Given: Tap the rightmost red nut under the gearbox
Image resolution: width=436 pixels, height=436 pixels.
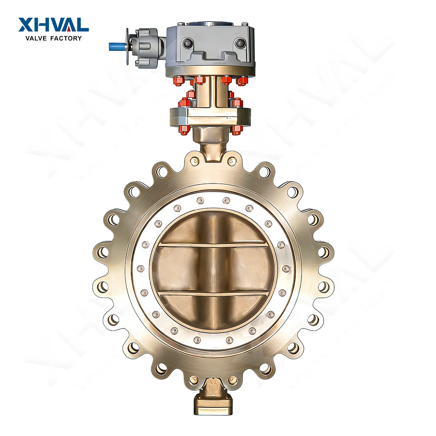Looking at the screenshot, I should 242,81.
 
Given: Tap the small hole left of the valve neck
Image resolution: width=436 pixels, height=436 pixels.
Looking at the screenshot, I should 196,160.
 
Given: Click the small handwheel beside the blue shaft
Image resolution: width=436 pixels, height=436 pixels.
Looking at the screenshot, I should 128,47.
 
